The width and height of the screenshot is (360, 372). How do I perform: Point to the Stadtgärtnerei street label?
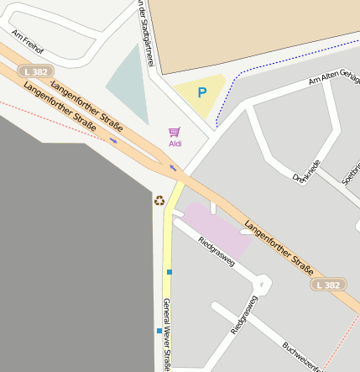(x=144, y=32)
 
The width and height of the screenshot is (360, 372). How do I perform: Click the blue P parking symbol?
(x=201, y=92)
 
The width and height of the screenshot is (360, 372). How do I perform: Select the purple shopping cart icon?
(x=175, y=132)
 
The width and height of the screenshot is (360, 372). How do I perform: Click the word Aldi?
(x=175, y=144)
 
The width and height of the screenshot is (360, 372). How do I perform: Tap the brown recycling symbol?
(x=159, y=200)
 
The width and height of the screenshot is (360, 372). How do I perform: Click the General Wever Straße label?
(x=166, y=334)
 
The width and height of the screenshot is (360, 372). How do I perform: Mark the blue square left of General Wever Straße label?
(x=159, y=331)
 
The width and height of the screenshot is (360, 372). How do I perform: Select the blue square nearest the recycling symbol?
(x=169, y=271)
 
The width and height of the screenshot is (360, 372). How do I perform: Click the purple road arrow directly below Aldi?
(x=174, y=168)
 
